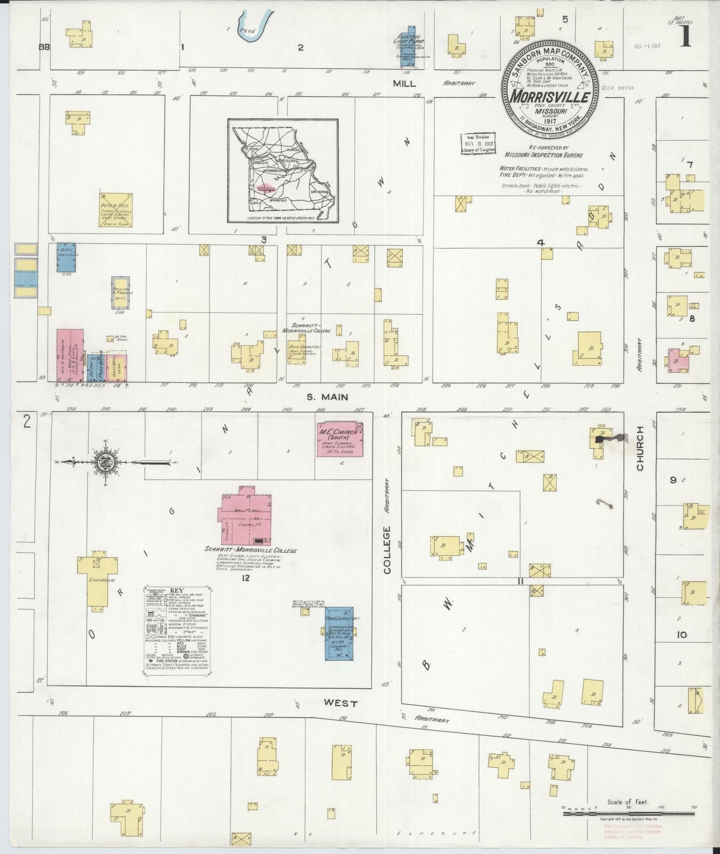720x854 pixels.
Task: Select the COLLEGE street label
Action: click(x=387, y=550)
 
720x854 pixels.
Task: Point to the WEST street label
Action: click(x=340, y=703)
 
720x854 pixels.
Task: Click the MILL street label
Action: click(x=404, y=84)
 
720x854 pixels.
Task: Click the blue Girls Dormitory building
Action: click(x=339, y=633)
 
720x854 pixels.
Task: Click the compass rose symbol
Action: click(x=106, y=462)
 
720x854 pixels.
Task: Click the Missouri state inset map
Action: click(x=283, y=171)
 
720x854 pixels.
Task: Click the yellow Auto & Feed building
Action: click(x=116, y=210)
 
